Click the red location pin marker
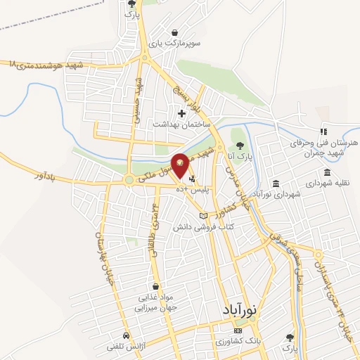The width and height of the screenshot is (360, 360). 181,165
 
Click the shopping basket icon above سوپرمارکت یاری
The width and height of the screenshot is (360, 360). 174,32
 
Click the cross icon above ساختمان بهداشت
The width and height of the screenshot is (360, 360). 181,112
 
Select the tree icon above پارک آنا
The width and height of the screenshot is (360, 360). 240,143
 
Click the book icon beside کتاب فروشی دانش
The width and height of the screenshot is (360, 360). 203,216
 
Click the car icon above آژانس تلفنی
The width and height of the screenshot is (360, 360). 125,335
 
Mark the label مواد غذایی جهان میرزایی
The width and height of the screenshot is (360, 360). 154,302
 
